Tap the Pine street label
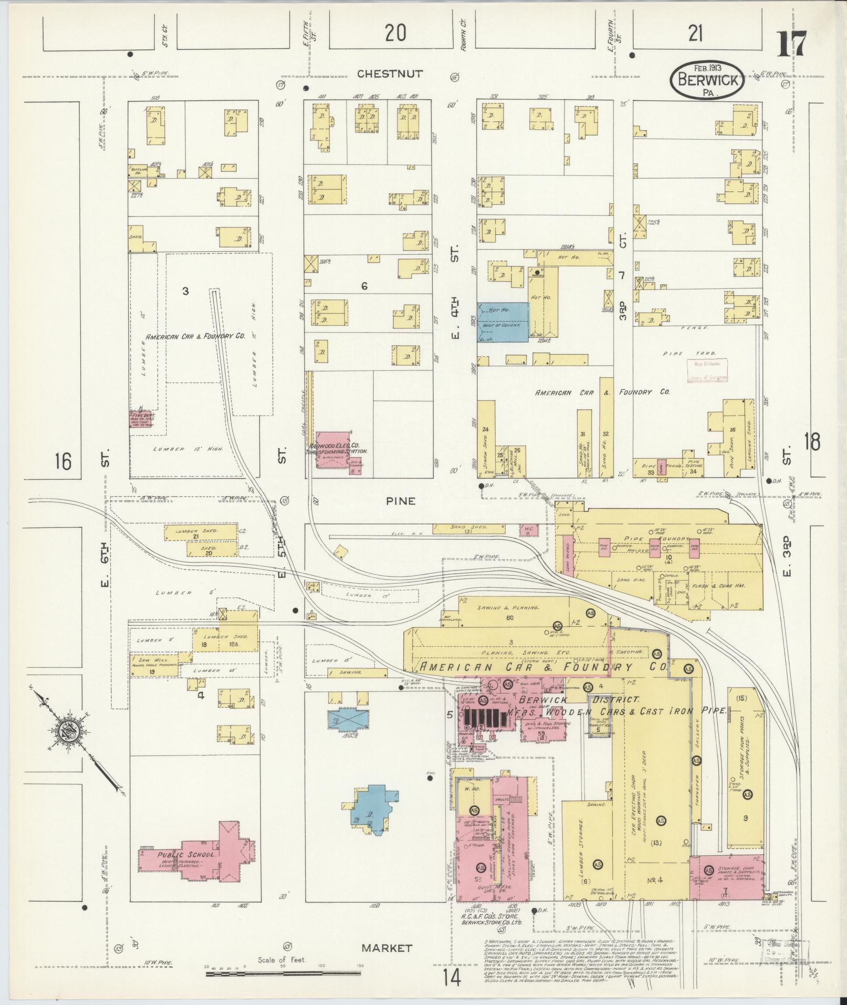coord(400,501)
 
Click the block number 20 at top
coord(395,34)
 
